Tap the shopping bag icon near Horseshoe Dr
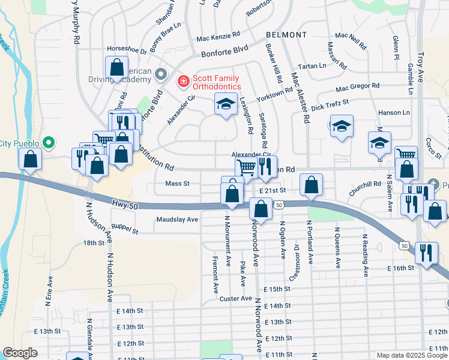point(117,67)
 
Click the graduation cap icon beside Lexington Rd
point(226,105)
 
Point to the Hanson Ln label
point(393,112)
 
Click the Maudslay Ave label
point(177,220)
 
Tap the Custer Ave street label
point(235,298)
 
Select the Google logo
point(20,353)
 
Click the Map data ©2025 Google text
point(411,355)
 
